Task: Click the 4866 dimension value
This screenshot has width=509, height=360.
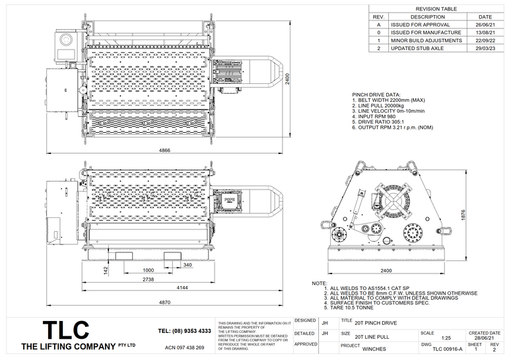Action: [x=164, y=151]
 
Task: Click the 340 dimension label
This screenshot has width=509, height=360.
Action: [x=187, y=265]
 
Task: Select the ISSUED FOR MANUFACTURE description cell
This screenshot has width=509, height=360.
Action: [x=425, y=32]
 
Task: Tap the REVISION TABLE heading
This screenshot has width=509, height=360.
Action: [x=436, y=9]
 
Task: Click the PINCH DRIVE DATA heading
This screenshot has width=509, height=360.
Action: [x=376, y=94]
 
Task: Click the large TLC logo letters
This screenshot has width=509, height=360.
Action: [x=65, y=330]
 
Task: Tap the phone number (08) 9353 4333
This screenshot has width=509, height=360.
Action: [x=185, y=330]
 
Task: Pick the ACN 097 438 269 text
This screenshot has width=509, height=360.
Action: [x=184, y=347]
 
